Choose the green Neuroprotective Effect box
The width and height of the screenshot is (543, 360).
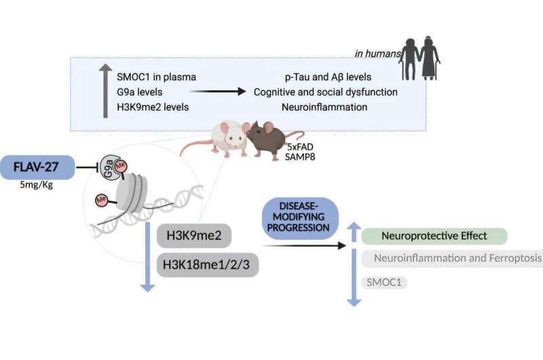[434, 236]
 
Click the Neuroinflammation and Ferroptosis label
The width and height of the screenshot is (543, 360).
[452, 258]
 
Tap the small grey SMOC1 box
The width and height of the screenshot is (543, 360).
[384, 281]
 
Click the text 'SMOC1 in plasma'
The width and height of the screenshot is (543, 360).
[155, 77]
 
